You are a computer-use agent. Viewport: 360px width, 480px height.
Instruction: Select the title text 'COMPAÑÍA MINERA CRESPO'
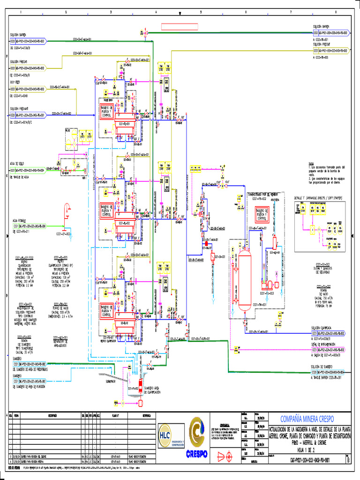coord(307,419)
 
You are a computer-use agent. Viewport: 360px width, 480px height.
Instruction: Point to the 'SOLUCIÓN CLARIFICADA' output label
coord(322,328)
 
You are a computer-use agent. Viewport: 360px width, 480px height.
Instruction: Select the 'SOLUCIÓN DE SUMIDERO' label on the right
coord(322,367)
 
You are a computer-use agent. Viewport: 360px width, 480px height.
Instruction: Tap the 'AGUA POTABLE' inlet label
coord(19,220)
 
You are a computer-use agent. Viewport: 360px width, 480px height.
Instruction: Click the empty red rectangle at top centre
coord(179,26)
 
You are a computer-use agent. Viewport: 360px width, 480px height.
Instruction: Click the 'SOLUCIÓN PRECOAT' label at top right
coord(322,44)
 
